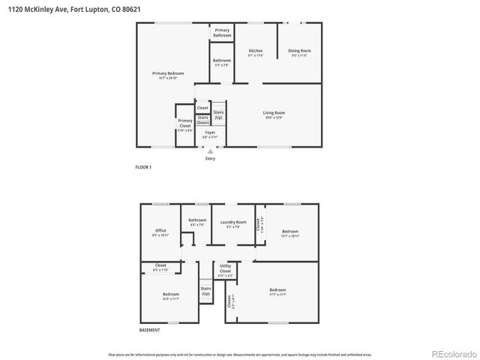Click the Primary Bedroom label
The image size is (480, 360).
point(168,73)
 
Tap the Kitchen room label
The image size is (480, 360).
point(256,51)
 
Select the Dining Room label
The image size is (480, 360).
point(299,51)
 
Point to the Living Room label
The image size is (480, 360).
point(274,113)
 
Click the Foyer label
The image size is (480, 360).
point(210,133)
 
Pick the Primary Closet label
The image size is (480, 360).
point(184,123)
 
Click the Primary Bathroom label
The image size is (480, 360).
point(222,33)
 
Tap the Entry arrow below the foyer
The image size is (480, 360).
point(210,151)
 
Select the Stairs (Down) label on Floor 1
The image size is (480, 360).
point(202,120)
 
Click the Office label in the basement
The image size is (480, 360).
point(160,230)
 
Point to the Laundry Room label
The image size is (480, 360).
point(232,223)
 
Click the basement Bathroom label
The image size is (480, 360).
point(197,220)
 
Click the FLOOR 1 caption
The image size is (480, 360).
point(142,167)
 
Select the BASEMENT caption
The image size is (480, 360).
point(149,330)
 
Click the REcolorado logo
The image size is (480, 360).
point(452,353)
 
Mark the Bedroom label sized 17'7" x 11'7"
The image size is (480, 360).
point(277,289)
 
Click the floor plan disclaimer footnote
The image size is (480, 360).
point(240,354)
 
